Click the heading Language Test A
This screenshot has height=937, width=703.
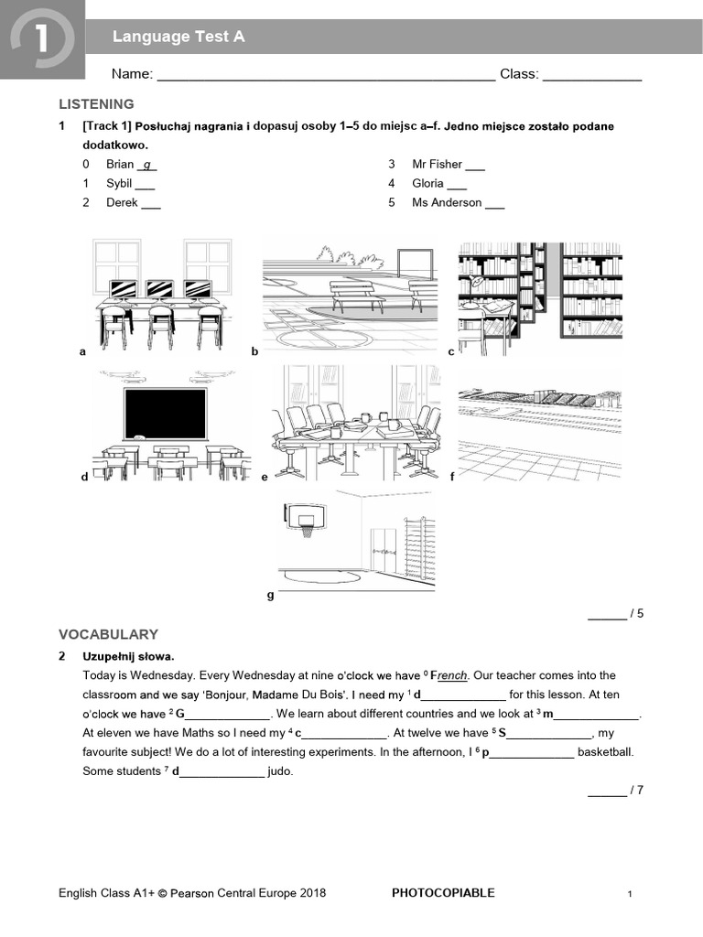click(178, 38)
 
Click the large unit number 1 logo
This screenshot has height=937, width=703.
click(41, 39)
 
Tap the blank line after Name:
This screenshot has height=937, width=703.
click(326, 76)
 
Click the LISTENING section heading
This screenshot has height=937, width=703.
click(96, 104)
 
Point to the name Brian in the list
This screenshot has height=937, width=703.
click(120, 165)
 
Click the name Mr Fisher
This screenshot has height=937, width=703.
click(437, 165)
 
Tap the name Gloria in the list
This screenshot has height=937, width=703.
click(427, 184)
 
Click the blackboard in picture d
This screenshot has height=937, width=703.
click(166, 413)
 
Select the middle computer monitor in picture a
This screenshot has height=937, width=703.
click(159, 289)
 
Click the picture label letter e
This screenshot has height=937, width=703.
click(265, 477)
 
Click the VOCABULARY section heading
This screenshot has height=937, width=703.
click(108, 634)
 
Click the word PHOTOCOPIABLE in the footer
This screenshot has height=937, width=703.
click(442, 893)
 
